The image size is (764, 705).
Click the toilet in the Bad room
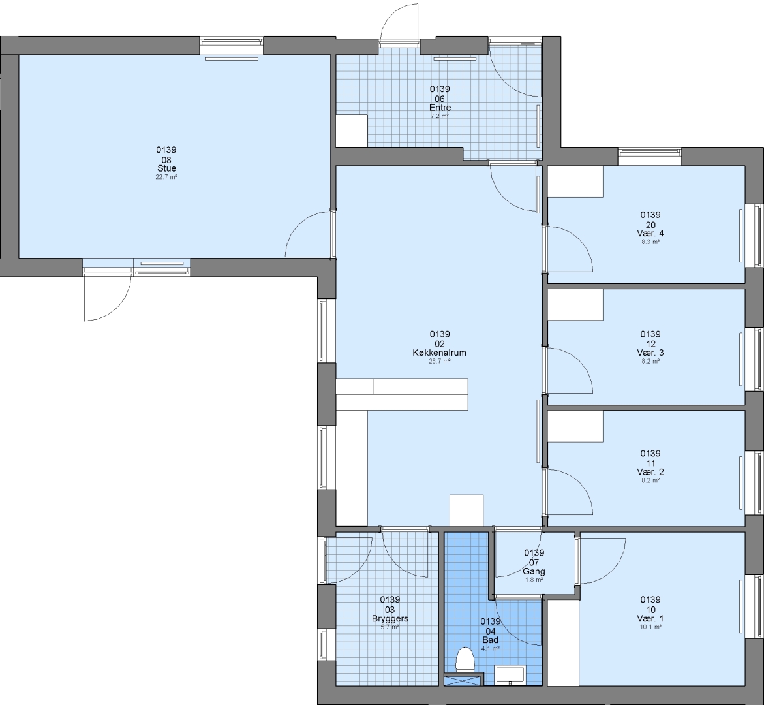click(465, 660)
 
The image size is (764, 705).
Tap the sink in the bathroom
click(510, 675)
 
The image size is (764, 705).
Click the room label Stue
click(166, 168)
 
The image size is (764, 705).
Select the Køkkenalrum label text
click(440, 352)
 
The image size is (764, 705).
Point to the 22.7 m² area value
click(166, 177)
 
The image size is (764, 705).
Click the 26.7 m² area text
click(440, 361)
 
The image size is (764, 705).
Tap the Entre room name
click(440, 108)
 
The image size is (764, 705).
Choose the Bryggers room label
click(390, 619)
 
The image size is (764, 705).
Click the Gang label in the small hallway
click(534, 571)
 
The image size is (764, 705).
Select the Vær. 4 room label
click(650, 233)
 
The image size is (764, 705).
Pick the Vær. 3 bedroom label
click(650, 352)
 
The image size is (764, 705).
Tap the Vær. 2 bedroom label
click(650, 472)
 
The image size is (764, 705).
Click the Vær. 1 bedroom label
click(650, 618)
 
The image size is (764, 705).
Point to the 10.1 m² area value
click(650, 627)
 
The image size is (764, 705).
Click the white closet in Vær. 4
click(575, 181)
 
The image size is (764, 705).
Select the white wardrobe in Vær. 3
click(575, 305)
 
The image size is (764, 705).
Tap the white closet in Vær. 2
click(575, 426)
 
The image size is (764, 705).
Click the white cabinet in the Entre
click(352, 130)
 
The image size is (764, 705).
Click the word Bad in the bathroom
click(490, 640)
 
